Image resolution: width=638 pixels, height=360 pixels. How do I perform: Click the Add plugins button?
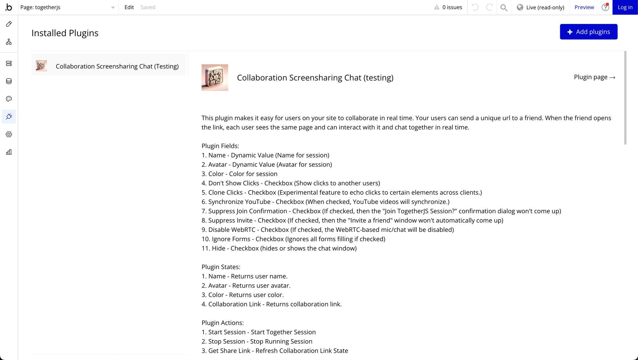588,32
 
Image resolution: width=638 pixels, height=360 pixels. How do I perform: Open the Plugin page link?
594,77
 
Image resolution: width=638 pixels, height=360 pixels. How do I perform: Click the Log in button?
625,7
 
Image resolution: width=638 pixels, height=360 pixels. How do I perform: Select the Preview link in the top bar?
584,7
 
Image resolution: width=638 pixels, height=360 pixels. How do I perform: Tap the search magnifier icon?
504,7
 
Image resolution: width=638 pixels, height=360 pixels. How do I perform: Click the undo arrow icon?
475,7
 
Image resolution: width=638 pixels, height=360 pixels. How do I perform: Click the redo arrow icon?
489,7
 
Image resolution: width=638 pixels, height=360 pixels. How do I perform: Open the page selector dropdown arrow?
113,7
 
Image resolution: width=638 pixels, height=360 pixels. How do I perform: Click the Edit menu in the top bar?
129,7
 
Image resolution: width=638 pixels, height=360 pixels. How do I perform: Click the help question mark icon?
605,7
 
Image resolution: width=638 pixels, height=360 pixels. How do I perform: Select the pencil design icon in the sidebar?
9,24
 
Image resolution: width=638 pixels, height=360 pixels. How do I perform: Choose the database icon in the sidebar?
9,81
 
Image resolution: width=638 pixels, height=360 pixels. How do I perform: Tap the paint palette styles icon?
9,99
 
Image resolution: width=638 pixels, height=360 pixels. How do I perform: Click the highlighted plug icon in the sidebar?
9,117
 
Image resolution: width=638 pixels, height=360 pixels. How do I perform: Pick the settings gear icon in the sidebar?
9,134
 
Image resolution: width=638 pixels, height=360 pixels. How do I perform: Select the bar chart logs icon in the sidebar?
9,152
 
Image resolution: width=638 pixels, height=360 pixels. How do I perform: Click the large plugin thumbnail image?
215,78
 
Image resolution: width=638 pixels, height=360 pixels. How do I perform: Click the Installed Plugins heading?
65,33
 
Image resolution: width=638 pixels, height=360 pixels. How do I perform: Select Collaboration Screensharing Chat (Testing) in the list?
117,66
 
